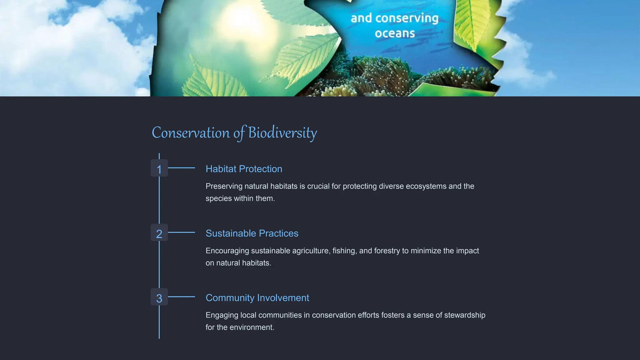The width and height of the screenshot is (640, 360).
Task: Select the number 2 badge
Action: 159,232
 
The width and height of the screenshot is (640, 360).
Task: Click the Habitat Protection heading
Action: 244,169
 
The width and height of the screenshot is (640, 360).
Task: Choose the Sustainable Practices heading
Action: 252,233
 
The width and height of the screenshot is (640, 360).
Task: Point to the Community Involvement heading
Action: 257,298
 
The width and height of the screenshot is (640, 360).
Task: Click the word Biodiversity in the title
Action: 282,133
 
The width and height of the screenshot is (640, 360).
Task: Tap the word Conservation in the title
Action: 191,133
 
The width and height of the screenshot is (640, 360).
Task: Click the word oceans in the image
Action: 395,33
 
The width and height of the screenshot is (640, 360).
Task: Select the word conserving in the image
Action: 407,18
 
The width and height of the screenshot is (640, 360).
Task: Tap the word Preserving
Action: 224,186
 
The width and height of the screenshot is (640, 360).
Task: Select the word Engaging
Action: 222,315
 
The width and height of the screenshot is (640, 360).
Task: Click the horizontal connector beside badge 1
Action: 182,168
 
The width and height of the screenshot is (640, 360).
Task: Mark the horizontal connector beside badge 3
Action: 182,297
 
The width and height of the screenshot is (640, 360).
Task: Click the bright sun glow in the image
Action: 242,19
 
